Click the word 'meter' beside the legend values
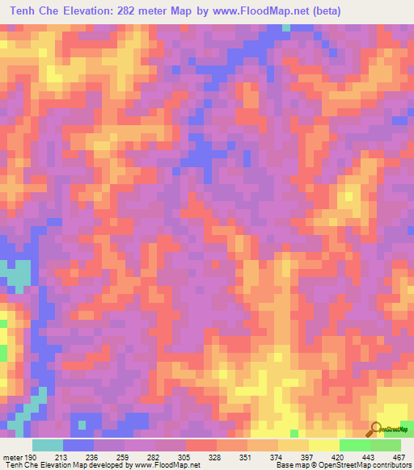coord(11,456)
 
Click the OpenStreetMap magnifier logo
coord(377,430)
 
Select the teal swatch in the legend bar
coord(48,445)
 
